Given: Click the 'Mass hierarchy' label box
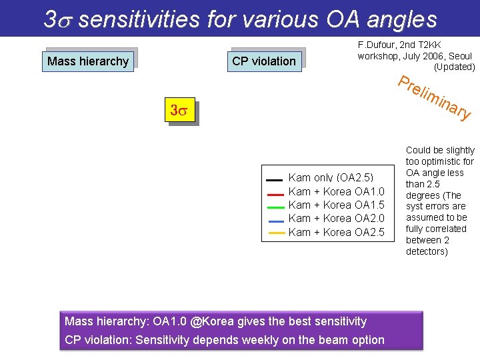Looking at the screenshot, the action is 88,61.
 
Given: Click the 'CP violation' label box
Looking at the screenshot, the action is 264,61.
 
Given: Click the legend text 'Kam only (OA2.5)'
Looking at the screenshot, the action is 331,178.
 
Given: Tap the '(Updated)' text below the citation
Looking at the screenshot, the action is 454,67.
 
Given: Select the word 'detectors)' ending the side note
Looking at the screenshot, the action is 427,251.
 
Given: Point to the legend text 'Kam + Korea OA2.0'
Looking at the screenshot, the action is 336,219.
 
